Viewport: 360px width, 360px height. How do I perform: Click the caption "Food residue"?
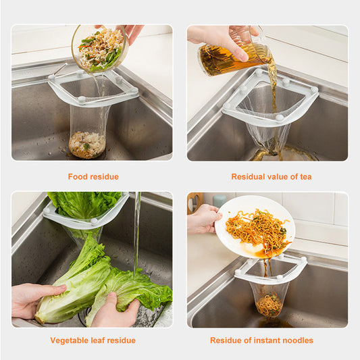[93, 177]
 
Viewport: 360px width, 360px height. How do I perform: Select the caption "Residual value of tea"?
[271, 177]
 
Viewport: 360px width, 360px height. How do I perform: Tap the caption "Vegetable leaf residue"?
[93, 340]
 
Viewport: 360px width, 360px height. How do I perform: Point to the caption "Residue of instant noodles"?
[261, 340]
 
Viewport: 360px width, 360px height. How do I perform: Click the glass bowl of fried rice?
[99, 49]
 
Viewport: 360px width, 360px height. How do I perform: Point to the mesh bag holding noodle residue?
[269, 299]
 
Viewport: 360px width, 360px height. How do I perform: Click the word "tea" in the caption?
[305, 177]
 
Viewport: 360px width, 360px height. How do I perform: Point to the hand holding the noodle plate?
[203, 220]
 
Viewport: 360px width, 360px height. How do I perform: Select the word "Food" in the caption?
[78, 177]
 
